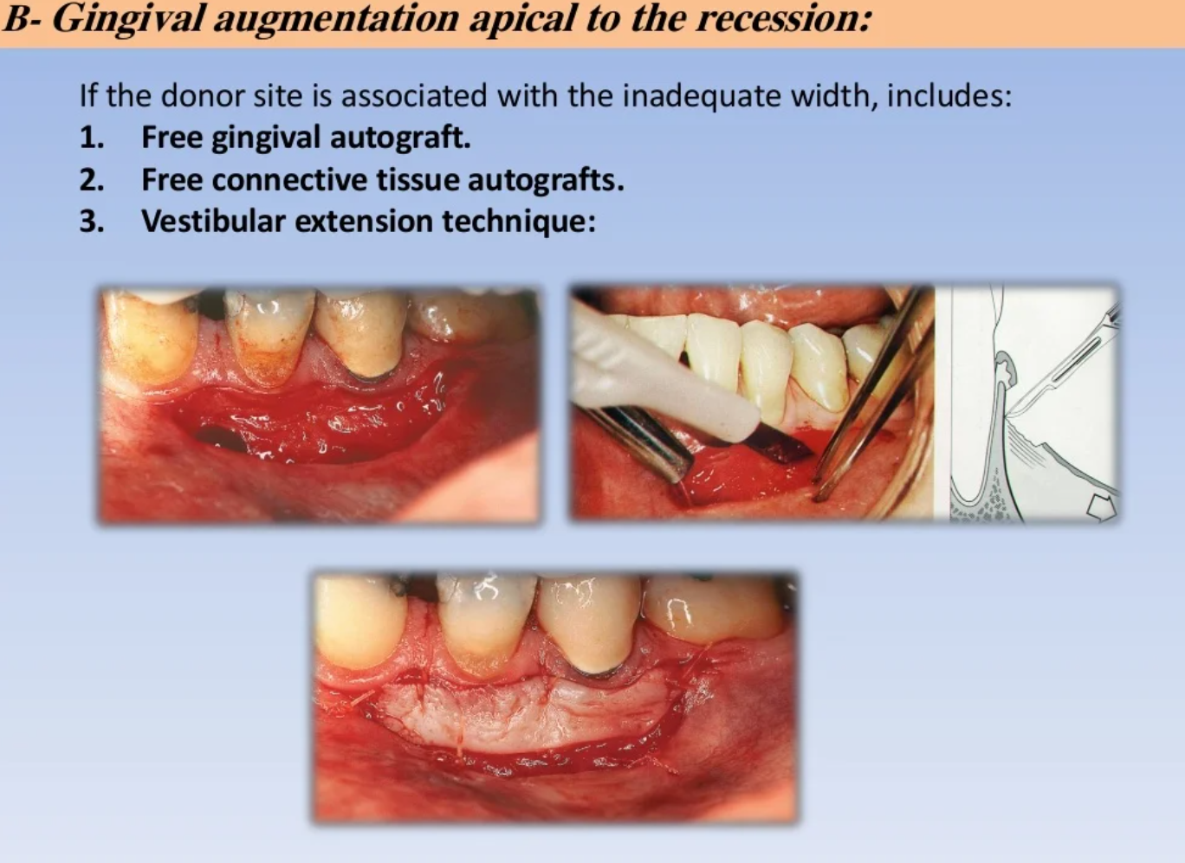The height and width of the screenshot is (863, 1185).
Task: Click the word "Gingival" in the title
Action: pos(127,19)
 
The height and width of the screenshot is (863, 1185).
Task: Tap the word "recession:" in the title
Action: pos(783,18)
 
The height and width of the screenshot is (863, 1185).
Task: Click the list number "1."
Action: pos(92,138)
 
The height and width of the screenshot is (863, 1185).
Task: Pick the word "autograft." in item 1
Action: pos(400,138)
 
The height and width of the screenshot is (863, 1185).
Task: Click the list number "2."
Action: pos(92,180)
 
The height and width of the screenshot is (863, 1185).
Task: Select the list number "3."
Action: pos(92,221)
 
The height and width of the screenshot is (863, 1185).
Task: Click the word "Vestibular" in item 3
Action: pos(214,221)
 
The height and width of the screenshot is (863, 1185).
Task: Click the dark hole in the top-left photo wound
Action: pos(221,439)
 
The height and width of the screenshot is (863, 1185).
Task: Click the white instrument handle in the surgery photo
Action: pos(661,370)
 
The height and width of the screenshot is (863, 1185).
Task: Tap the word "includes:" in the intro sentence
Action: pos(949,96)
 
